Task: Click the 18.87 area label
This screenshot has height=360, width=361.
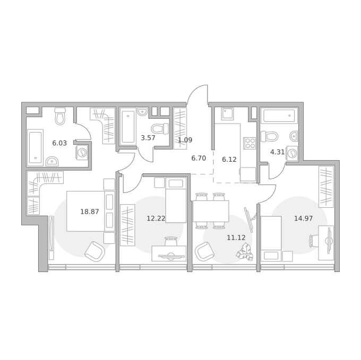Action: pos(90,212)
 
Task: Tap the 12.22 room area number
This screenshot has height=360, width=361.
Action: pos(156,218)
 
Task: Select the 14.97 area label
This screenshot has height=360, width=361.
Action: pos(304,218)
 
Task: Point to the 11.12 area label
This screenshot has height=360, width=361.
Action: pos(236,238)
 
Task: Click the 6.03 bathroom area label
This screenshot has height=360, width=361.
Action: pos(59,143)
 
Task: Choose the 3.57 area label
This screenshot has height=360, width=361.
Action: pos(148,138)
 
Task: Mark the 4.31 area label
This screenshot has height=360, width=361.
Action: pos(278,152)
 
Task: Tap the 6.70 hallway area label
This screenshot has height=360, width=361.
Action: pos(199,158)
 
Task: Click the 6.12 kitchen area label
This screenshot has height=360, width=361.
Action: pos(229,159)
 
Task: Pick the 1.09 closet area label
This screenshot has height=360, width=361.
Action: pos(185,140)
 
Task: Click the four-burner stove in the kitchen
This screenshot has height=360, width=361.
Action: pos(250,143)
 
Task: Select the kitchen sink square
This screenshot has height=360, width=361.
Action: pos(227,114)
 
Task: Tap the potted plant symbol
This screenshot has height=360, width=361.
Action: pos(245,253)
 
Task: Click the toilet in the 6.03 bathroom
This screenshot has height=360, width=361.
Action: pos(61,116)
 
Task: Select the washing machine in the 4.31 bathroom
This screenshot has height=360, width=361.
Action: pos(292,153)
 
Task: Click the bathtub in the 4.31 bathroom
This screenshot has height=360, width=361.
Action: pos(279,116)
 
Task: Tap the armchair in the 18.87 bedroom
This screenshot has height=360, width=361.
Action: pos(95,251)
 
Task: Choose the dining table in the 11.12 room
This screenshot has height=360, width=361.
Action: pos(211,211)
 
